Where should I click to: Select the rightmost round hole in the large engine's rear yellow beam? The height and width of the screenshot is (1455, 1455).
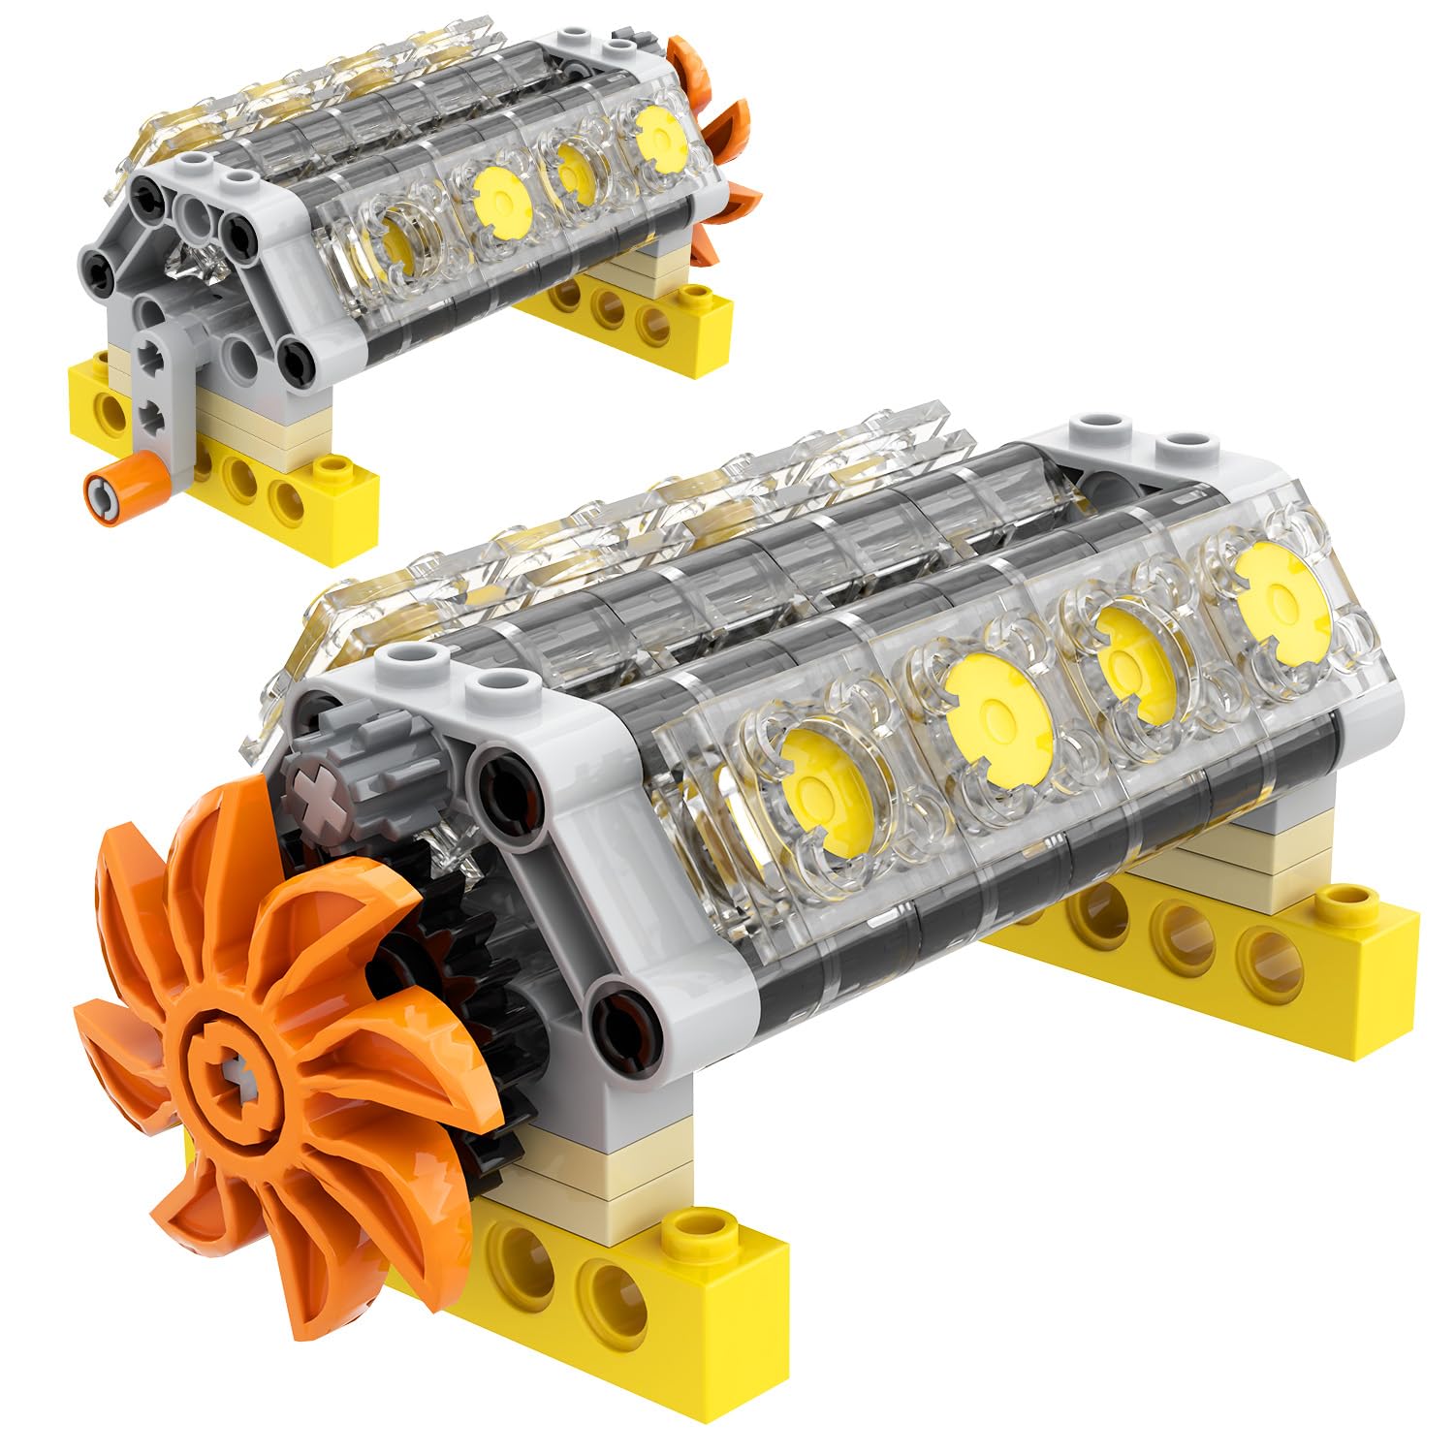(1270, 955)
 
